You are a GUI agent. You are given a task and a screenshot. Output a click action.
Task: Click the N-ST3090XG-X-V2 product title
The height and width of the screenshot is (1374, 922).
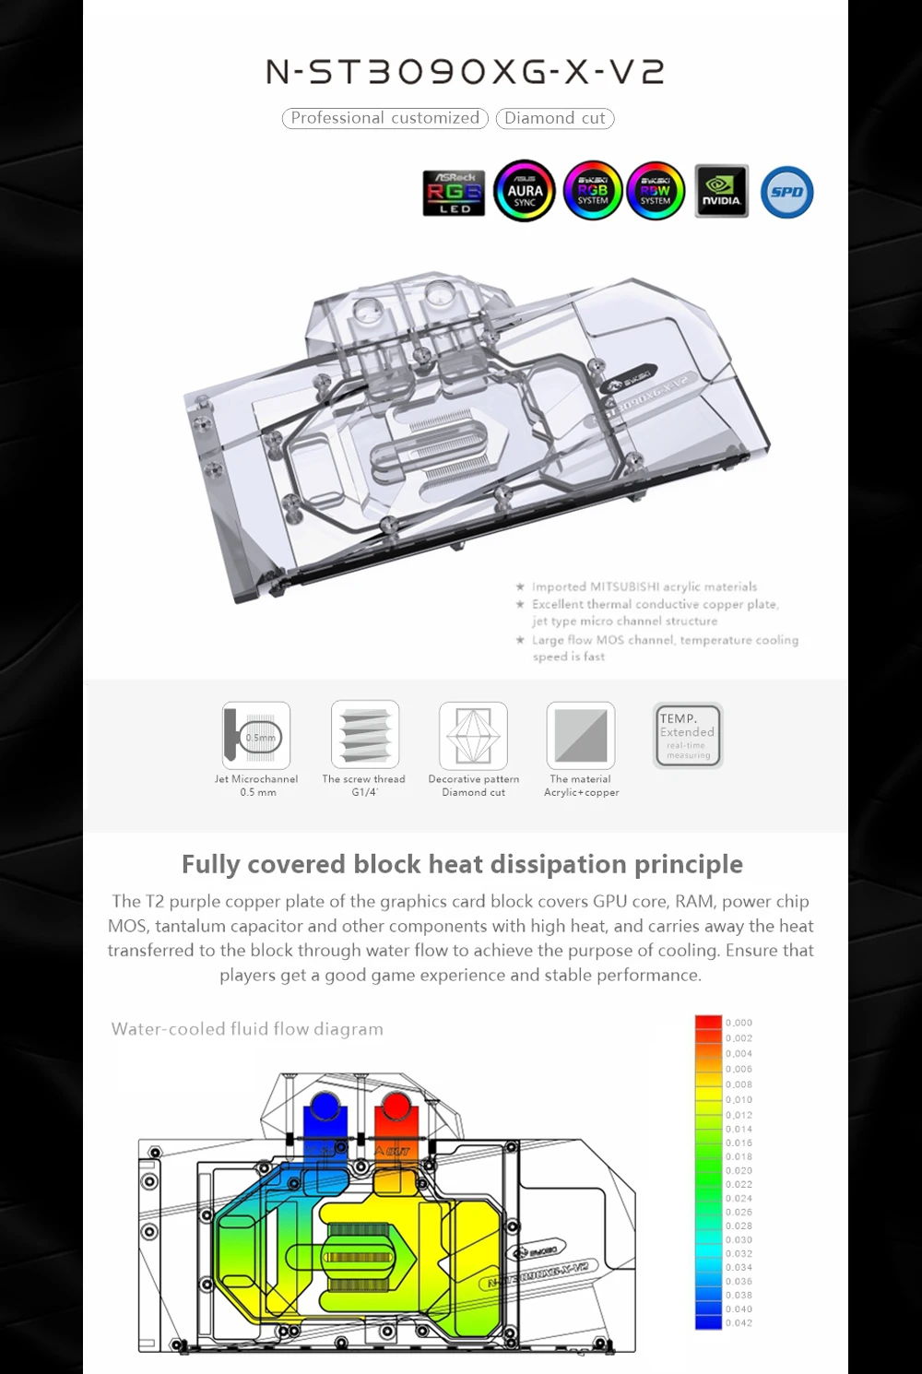(465, 71)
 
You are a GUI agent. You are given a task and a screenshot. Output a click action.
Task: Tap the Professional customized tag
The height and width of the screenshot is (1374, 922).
(384, 118)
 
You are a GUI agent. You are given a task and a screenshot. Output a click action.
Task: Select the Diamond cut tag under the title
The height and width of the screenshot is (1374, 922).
(555, 118)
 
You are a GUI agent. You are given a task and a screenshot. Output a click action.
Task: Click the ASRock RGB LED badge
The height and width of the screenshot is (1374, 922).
(454, 193)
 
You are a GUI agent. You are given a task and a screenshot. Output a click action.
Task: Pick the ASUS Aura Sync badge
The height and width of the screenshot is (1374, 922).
(525, 192)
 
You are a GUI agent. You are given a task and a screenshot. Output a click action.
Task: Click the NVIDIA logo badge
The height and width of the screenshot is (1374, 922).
(721, 192)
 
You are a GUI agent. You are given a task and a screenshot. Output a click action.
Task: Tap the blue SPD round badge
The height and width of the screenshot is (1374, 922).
(786, 192)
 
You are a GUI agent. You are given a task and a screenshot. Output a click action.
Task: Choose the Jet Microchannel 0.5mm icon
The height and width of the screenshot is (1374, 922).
(256, 736)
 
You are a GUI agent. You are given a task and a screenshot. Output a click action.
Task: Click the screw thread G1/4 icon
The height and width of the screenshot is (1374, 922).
(365, 735)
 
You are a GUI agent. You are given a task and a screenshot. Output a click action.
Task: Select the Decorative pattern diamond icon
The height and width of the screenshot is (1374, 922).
(473, 735)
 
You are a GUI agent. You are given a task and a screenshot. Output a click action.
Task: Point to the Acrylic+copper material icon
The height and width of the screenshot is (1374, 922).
(581, 735)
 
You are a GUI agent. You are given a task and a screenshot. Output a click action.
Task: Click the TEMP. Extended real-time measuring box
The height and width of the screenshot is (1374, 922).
(688, 735)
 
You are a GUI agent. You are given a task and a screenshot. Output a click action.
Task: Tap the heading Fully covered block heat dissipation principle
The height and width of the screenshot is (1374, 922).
(462, 864)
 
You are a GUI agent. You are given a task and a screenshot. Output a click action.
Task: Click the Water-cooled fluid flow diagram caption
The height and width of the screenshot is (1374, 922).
(247, 1029)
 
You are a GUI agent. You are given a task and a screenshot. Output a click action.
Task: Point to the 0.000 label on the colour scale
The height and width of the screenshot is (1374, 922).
(739, 1023)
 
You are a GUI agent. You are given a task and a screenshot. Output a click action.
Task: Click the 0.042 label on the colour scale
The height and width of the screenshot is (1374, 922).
(739, 1323)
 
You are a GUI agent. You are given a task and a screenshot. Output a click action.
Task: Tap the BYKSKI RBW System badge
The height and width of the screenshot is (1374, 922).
(656, 192)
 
